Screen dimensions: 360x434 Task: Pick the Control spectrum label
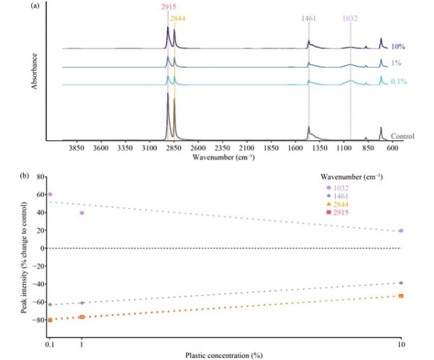[x=402, y=136]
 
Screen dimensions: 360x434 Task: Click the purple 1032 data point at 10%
[x=401, y=231]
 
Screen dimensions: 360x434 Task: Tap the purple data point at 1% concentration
[x=82, y=213]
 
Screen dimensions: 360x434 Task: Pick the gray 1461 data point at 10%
[x=401, y=283]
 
